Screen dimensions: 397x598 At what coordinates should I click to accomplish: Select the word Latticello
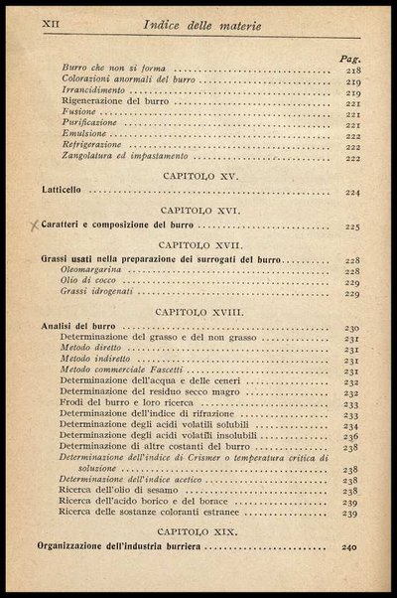(x=67, y=191)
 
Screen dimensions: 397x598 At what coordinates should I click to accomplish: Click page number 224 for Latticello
(x=352, y=191)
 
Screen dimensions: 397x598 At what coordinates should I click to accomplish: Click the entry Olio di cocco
(x=89, y=281)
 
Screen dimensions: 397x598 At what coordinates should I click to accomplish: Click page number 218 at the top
(x=352, y=71)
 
